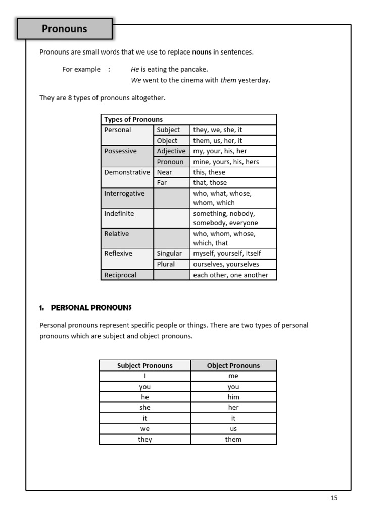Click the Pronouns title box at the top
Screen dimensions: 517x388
tap(64, 29)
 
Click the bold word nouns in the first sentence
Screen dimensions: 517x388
tap(202, 52)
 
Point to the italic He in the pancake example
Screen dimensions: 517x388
tap(135, 69)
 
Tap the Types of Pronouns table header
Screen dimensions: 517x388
tap(133, 120)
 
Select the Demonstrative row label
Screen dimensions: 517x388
tap(127, 172)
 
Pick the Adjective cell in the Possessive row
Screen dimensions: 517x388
tap(171, 151)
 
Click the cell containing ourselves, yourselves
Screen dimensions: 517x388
tap(226, 264)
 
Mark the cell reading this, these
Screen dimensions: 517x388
tap(209, 172)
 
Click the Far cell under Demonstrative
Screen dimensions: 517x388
tap(162, 183)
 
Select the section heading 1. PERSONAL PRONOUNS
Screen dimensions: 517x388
tap(85, 307)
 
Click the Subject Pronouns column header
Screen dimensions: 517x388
tap(145, 366)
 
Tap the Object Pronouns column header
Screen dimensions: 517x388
tap(233, 366)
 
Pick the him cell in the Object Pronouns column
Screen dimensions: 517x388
tap(233, 397)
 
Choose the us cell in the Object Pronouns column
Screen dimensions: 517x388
tap(233, 429)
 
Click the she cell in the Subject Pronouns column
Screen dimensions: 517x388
tap(145, 407)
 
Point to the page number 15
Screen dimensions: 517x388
tap(334, 498)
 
